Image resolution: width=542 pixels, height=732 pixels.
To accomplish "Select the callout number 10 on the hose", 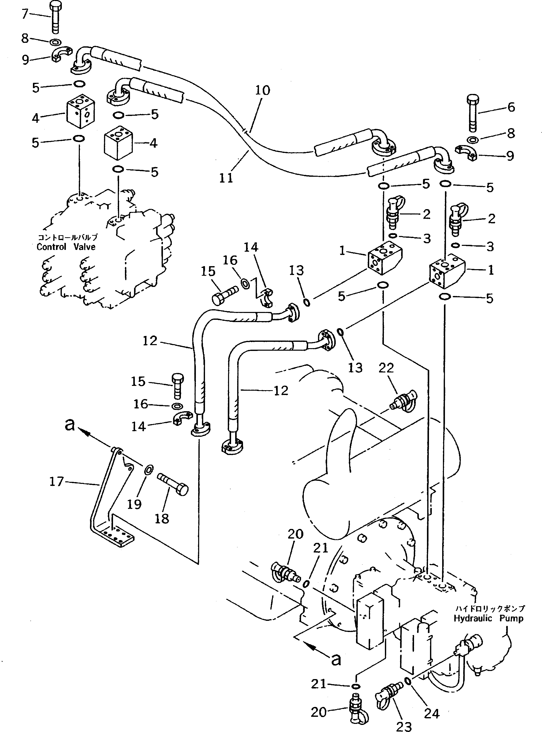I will (263, 90).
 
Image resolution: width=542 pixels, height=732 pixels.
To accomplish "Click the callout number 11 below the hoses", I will (226, 178).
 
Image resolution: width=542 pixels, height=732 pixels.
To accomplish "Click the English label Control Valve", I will (66, 247).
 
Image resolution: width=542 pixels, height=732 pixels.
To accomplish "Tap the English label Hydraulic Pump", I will (488, 618).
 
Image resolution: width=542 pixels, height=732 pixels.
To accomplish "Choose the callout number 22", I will (386, 368).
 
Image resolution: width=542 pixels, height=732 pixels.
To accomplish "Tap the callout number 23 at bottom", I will (404, 726).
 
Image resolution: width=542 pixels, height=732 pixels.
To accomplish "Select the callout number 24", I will (432, 713).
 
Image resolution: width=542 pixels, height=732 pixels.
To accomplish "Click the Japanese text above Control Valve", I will (68, 237).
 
